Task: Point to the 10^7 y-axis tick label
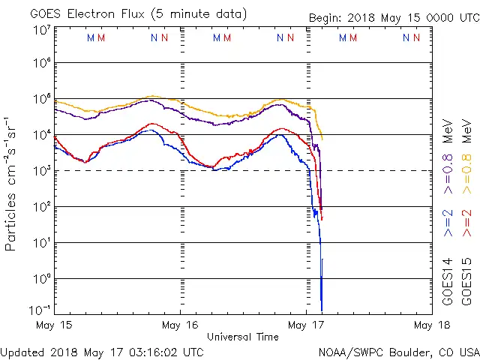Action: pos(40,30)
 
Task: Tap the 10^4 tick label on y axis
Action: pos(40,135)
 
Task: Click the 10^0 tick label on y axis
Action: pos(40,279)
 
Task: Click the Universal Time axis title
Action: pos(243,337)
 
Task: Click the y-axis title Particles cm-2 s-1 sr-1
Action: pos(11,184)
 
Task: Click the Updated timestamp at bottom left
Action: pos(101,351)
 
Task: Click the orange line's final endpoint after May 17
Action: pos(323,139)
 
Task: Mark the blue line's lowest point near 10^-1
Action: pos(322,310)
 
